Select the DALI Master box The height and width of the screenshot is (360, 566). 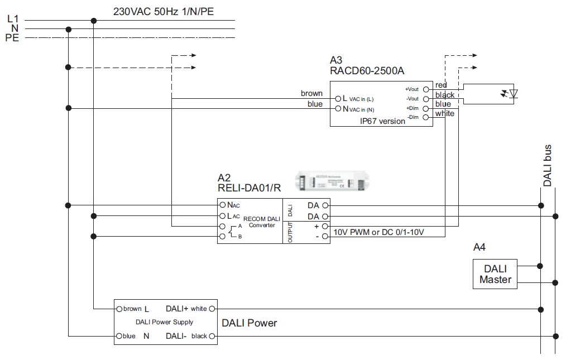495,273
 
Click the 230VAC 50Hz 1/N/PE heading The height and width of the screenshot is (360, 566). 163,11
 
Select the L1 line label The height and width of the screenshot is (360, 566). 13,19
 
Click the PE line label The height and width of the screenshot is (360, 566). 12,38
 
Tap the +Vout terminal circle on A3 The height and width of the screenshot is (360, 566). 425,89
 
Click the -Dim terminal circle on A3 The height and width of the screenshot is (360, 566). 425,117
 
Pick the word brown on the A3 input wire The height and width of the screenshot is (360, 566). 311,93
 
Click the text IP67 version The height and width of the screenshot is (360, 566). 382,121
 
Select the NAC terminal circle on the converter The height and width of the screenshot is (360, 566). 222,205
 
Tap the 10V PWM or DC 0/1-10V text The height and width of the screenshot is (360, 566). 378,232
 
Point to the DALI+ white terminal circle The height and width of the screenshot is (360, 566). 212,308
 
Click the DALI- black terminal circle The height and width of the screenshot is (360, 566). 212,336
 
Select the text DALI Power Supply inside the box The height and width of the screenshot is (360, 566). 164,322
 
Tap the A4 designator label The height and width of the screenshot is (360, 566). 480,247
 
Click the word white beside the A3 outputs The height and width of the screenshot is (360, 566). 445,114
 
